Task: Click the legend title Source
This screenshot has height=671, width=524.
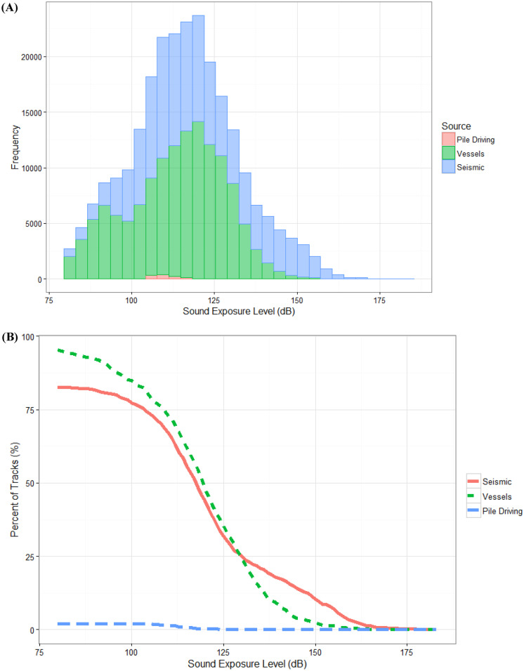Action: [x=455, y=127]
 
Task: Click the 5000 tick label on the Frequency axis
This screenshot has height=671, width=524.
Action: [x=30, y=224]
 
